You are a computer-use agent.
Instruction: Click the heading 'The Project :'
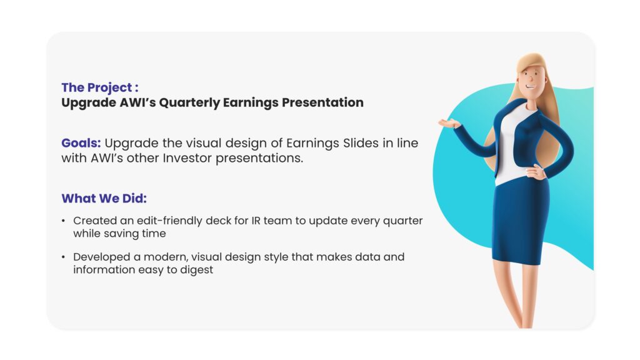pos(100,87)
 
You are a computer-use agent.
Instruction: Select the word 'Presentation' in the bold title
pos(322,102)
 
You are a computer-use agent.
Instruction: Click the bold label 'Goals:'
pos(81,143)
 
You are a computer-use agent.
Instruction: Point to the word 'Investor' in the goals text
pos(187,158)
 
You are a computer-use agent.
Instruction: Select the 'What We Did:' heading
pos(104,198)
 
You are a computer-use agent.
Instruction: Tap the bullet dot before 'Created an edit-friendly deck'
pos(63,221)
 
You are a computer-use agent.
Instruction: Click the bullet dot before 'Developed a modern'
pos(63,257)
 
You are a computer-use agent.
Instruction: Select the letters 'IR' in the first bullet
pos(256,221)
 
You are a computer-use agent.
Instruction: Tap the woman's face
pos(531,80)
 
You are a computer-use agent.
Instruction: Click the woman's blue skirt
pos(521,221)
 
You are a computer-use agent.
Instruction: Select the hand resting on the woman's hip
pos(535,173)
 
